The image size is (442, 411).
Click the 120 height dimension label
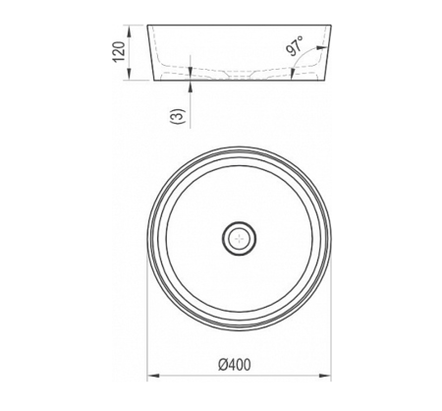pyautogui.click(x=119, y=51)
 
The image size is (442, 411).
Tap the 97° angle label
pyautogui.click(x=296, y=46)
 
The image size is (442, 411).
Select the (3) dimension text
pyautogui.click(x=178, y=116)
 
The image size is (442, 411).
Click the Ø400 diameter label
pyautogui.click(x=235, y=365)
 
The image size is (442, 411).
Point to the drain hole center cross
pyautogui.click(x=240, y=238)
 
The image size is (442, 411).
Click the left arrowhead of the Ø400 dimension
pyautogui.click(x=153, y=376)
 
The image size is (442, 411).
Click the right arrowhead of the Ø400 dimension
pyautogui.click(x=325, y=376)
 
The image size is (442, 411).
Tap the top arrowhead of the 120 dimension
pyautogui.click(x=129, y=30)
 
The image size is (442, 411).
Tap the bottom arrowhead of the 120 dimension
pyautogui.click(x=129, y=74)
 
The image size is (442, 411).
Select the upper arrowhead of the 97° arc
pyautogui.click(x=322, y=47)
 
